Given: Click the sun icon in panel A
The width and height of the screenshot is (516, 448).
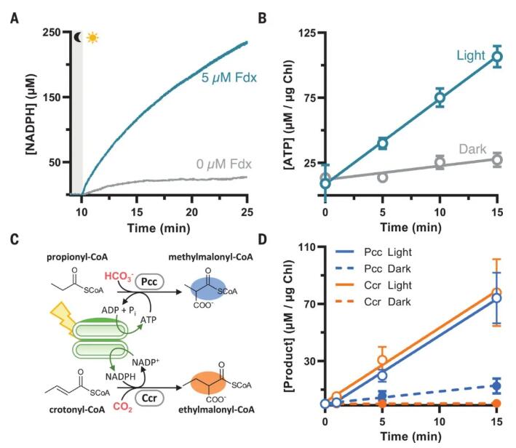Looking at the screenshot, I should pos(92,38).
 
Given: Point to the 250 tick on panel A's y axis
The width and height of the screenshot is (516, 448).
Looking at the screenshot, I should pos(52,33).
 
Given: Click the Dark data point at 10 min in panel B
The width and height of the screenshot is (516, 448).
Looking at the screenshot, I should pos(440,162).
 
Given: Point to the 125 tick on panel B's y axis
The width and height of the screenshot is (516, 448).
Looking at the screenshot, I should pos(306,33).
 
